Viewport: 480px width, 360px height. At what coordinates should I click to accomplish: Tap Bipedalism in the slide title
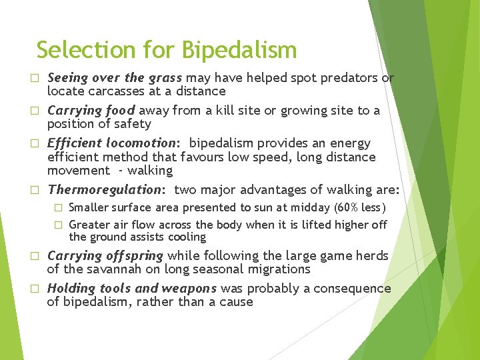click(x=239, y=50)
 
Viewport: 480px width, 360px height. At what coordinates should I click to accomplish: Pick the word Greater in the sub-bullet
click(x=90, y=225)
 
